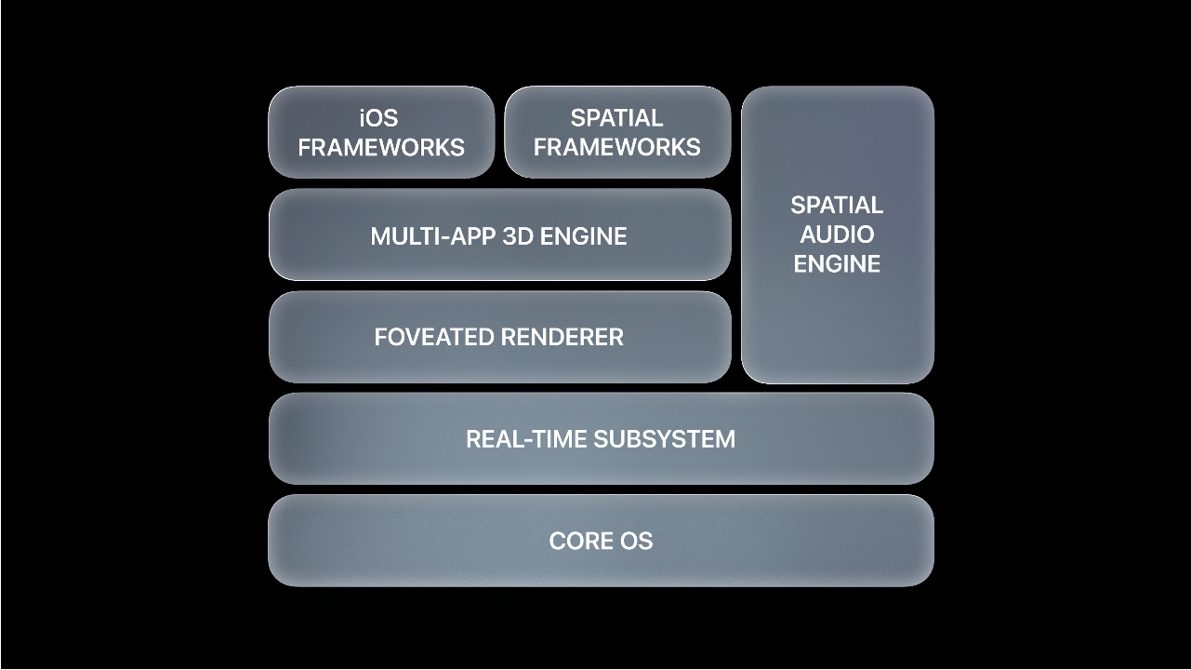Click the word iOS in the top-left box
pyautogui.click(x=378, y=118)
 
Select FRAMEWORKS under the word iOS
pyautogui.click(x=381, y=147)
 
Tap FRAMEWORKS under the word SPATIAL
pyautogui.click(x=617, y=147)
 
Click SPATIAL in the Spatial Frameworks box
pyautogui.click(x=617, y=118)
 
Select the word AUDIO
pyautogui.click(x=837, y=234)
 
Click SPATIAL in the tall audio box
pyautogui.click(x=837, y=205)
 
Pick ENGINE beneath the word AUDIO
pyautogui.click(x=837, y=264)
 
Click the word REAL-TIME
pyautogui.click(x=527, y=439)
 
